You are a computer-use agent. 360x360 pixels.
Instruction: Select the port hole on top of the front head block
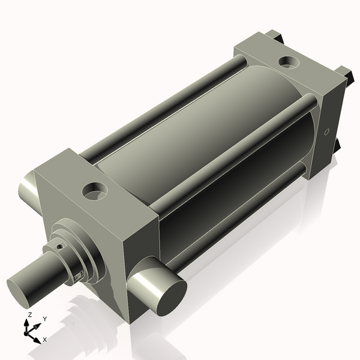click(x=95, y=191)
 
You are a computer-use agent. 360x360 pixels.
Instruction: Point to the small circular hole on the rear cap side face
click(x=327, y=131)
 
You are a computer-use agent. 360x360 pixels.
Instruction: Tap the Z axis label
click(x=29, y=314)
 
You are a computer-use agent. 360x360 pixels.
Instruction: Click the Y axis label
click(x=45, y=319)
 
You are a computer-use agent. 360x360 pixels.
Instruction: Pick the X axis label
click(x=45, y=340)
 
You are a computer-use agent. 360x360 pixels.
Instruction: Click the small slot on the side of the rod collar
click(x=79, y=275)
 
